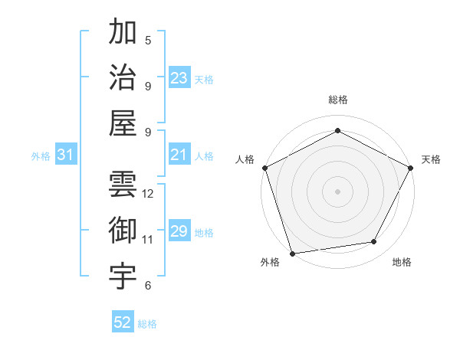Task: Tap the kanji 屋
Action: [123, 123]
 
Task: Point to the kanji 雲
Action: [123, 184]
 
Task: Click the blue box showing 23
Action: [179, 77]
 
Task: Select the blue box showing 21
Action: [179, 155]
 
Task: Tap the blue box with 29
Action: [179, 231]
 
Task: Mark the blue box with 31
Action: [65, 155]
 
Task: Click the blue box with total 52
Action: [123, 322]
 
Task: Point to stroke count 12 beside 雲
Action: [148, 194]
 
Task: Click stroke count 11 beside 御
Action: [148, 240]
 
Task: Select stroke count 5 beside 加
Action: [148, 40]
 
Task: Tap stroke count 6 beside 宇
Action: [148, 286]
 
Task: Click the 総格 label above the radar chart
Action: [337, 100]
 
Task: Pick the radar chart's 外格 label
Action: [270, 263]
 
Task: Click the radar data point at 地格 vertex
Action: [374, 242]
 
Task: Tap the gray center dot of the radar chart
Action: [337, 191]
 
